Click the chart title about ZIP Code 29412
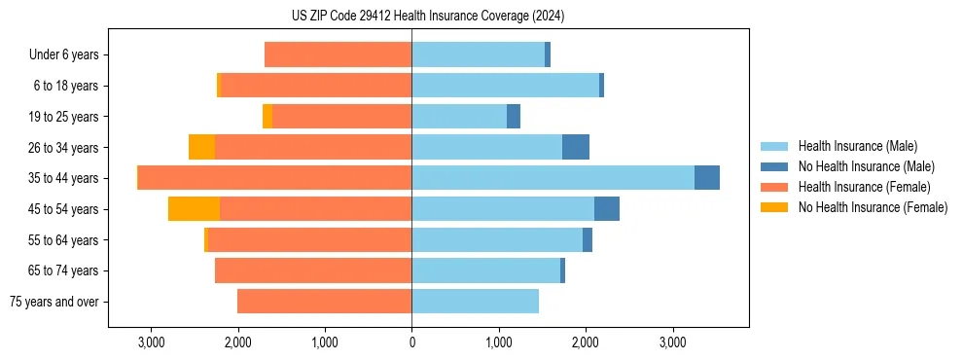tap(428, 16)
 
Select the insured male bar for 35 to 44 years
tap(553, 178)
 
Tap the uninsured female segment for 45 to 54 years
tap(194, 209)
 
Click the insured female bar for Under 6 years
tap(338, 55)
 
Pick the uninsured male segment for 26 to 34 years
tap(576, 147)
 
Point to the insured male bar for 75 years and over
tap(475, 302)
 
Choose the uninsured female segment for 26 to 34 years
tap(201, 147)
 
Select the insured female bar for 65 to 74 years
tap(313, 270)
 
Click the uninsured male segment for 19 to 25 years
tap(514, 117)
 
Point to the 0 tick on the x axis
tap(411, 342)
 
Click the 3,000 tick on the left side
tap(151, 342)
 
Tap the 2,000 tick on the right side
tap(586, 342)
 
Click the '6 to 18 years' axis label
tap(66, 86)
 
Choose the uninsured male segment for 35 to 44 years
tap(707, 178)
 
